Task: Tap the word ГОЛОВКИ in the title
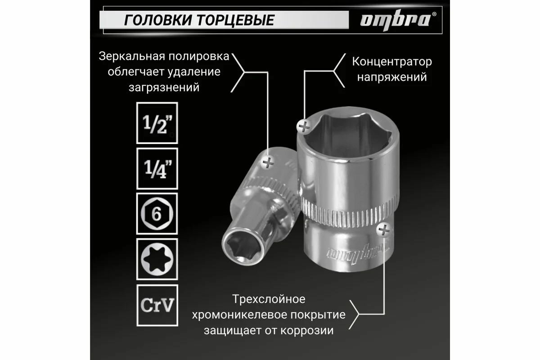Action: click(x=151, y=20)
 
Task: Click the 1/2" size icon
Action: click(x=157, y=123)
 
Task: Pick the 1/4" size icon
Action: click(x=157, y=168)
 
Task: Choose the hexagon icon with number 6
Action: click(x=157, y=214)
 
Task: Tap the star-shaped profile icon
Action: click(x=157, y=259)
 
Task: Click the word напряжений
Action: click(x=391, y=77)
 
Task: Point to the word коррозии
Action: click(x=310, y=331)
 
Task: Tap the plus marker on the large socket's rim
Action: click(x=304, y=126)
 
